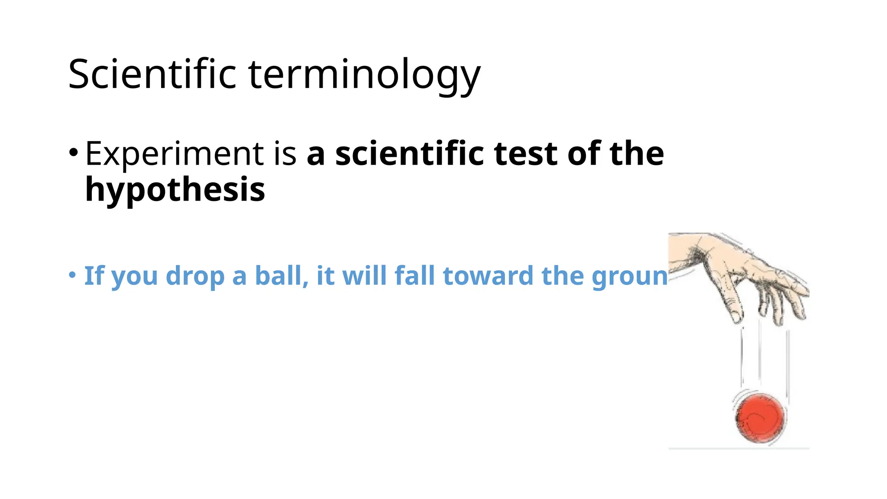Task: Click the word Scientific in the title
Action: coord(152,75)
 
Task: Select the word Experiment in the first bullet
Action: coord(174,154)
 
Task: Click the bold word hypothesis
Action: coord(175,190)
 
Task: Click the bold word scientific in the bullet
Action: coord(409,154)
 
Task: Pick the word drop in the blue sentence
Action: coord(195,276)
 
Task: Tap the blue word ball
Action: coord(281,276)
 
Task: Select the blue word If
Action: coord(94,276)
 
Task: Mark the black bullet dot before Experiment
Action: coord(73,152)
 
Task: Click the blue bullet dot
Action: coord(72,275)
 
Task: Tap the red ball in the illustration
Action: coord(761,418)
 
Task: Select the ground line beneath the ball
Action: coord(738,448)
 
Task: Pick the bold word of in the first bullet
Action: coord(583,154)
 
